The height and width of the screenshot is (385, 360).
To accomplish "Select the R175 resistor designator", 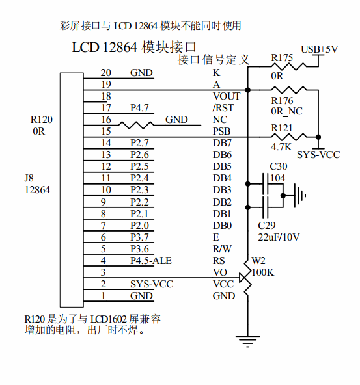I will coord(282,59).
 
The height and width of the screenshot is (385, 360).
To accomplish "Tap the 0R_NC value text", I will coord(286,111).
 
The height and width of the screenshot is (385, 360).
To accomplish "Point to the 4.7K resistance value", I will coord(281,147).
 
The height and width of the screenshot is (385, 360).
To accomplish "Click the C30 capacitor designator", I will coord(278,166).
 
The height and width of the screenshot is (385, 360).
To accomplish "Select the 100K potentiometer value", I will coord(262,272).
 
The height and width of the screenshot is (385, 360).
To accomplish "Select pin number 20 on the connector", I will coord(105,73).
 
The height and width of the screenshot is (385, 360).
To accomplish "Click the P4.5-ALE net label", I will coord(151,261).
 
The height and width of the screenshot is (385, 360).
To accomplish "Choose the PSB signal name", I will coord(221,131).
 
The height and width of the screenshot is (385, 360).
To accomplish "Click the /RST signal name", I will coord(223,108).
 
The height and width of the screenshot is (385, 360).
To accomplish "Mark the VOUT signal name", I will coord(227,96).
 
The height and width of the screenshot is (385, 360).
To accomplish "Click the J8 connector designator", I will coord(30,178).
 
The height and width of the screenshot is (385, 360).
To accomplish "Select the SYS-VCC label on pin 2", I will coord(150,284).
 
